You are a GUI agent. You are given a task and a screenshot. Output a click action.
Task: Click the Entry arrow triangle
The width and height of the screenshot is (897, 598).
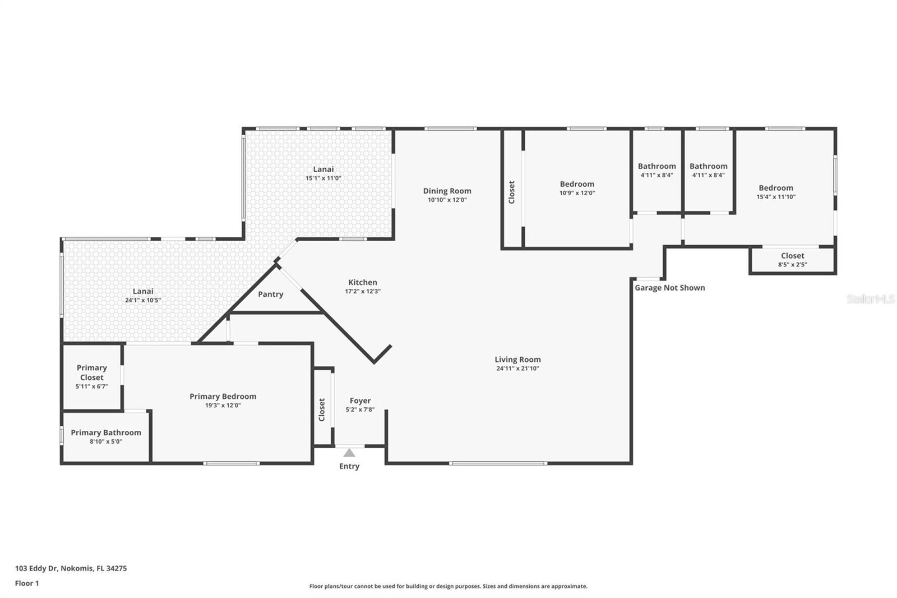pos(349,453)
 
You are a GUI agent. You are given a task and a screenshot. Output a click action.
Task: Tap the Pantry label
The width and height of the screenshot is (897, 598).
pos(270,294)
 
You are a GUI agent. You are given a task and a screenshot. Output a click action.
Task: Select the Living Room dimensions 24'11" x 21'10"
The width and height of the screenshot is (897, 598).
pos(517,369)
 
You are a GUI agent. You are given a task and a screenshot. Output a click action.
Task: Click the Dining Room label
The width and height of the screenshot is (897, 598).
pos(447,191)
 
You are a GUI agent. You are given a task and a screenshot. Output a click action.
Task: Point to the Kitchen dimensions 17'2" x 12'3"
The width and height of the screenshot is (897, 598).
pos(363,291)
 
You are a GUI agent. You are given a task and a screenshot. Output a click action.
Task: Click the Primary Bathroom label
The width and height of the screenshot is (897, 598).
pos(105,433)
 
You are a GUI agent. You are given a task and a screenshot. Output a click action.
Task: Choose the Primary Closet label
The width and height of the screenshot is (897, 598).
pos(91,372)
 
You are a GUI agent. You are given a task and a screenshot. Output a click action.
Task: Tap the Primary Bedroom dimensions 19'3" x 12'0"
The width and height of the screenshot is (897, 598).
pos(223,405)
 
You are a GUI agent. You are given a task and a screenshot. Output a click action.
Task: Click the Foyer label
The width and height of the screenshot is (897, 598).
pos(360,401)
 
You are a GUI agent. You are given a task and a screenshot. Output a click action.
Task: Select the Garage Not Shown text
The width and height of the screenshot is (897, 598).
pos(669,288)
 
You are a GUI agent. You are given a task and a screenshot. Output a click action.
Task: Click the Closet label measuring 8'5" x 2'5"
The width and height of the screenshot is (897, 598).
pos(792,256)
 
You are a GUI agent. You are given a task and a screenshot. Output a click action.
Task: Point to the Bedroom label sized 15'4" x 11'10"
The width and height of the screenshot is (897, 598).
pos(776,188)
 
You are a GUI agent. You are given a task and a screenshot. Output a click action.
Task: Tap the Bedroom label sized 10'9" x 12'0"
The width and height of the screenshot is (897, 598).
pos(577,184)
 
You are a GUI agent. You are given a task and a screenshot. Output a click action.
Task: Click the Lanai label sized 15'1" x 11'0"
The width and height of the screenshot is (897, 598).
pos(323,169)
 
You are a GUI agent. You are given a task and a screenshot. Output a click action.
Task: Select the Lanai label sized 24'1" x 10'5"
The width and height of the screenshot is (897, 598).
pos(143,291)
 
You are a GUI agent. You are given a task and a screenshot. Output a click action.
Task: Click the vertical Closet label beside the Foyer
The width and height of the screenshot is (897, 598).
pos(322,410)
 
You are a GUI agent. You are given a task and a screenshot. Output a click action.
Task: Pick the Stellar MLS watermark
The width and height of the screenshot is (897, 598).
pos(870,299)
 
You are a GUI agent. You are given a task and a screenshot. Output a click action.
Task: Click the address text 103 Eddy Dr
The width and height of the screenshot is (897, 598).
pos(71,568)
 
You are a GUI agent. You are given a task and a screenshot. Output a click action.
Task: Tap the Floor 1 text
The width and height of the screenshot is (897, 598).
pos(27,583)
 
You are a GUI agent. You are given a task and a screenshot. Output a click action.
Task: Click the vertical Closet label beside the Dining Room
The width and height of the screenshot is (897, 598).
pos(511,192)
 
